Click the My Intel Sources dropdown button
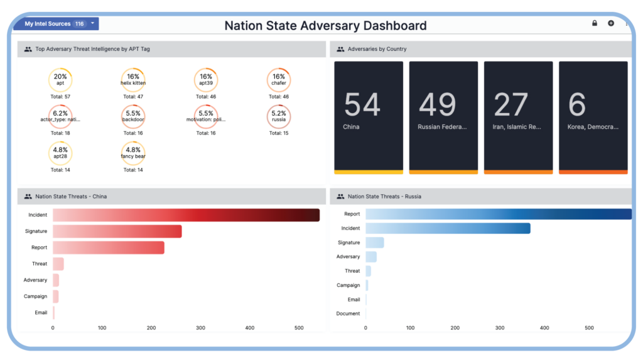click(55, 24)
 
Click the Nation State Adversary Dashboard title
click(325, 26)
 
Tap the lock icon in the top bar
click(595, 23)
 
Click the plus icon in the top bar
click(611, 23)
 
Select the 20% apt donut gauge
click(60, 80)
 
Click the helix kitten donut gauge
click(133, 80)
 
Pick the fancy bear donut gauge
click(133, 153)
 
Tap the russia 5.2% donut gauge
click(279, 116)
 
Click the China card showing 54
click(369, 117)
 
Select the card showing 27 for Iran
click(518, 117)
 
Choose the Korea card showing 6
click(593, 117)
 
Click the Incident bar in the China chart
click(186, 215)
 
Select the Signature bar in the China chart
click(117, 231)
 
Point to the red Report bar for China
click(109, 248)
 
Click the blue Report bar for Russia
click(499, 214)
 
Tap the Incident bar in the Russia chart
click(448, 228)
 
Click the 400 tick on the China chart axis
click(250, 328)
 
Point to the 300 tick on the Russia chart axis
click(500, 328)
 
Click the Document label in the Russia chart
click(348, 314)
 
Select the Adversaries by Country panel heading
click(377, 49)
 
